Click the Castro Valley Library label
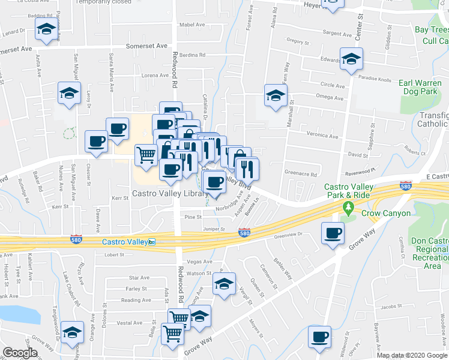click(170, 193)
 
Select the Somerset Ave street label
click(146, 46)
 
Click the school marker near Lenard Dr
click(46, 30)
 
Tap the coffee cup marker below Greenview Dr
click(333, 233)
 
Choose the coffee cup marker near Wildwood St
click(319, 337)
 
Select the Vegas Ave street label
click(200, 262)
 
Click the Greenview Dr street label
click(291, 236)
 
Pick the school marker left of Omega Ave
click(276, 95)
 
